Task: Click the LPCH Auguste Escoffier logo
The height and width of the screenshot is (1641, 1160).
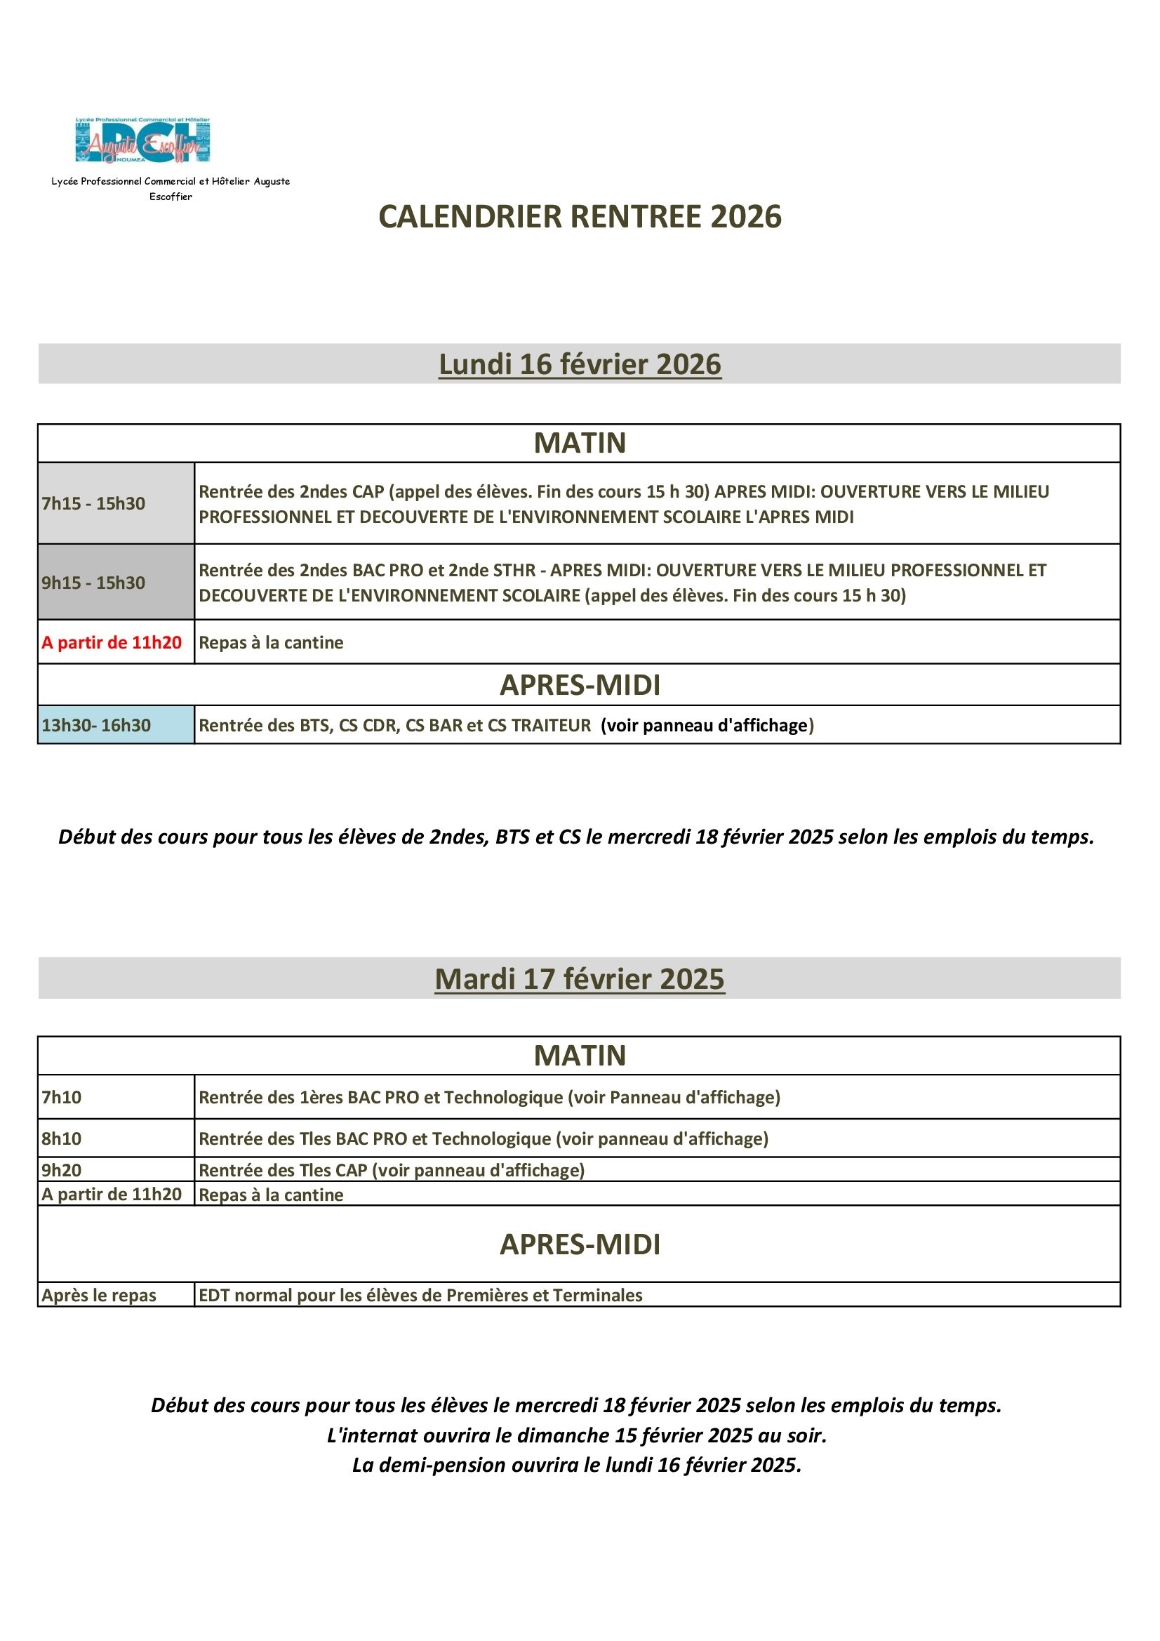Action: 142,141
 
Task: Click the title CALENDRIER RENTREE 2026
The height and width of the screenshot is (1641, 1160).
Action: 580,217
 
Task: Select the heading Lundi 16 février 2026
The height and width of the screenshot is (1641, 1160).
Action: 580,364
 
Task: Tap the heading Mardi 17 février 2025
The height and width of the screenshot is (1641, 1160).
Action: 580,978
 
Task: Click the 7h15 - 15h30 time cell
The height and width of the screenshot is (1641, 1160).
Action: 93,503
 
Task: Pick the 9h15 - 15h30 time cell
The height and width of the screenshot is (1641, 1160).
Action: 93,583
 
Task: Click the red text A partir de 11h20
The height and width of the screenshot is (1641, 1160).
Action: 112,642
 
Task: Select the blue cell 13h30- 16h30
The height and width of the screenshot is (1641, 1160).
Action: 96,726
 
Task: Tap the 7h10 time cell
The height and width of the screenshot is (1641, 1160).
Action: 62,1097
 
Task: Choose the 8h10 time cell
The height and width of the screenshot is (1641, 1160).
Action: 62,1138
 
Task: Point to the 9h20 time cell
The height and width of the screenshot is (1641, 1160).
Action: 62,1170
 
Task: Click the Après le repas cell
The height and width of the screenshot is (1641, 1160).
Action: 99,1295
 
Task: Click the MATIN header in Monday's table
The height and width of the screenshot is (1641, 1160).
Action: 580,443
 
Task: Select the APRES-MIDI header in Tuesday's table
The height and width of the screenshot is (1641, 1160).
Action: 580,1244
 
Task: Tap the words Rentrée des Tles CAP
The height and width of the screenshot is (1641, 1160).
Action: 283,1170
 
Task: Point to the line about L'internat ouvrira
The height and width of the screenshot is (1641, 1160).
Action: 576,1435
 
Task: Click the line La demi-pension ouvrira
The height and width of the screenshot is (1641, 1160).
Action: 576,1466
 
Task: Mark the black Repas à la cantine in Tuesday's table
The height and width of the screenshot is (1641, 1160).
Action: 271,1195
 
